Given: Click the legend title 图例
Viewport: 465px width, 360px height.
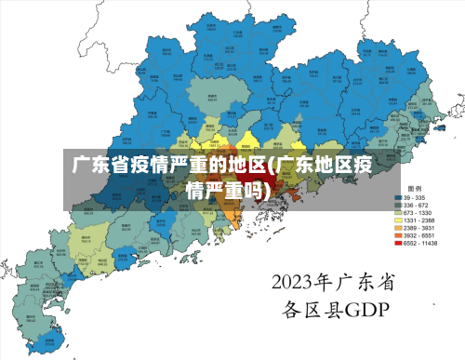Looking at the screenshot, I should tap(415, 188).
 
